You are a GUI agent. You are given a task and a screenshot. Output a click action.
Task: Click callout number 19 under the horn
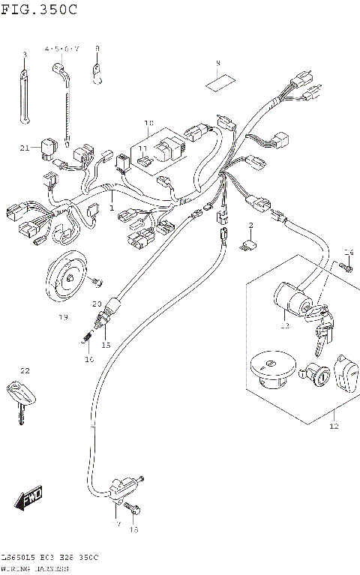pos(63,317)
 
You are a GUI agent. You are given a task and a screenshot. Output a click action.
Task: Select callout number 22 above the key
pos(25,371)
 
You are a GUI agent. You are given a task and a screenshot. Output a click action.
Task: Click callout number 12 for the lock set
pos(333,426)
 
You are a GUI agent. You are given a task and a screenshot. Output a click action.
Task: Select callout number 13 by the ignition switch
pos(284,325)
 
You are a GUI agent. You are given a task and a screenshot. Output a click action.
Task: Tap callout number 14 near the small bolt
pos(348,251)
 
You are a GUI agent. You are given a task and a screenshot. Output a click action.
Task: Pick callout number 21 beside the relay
pos(25,148)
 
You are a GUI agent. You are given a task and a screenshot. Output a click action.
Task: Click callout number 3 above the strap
pos(24,55)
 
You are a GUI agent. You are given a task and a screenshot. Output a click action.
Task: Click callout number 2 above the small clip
pos(250,225)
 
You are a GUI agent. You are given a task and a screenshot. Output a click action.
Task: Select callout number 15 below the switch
pos(106,345)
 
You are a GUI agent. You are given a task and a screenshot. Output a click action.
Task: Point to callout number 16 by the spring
pos(89,360)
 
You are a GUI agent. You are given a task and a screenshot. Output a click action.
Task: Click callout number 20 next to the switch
pos(96,304)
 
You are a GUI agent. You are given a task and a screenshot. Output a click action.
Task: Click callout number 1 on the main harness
pos(112,208)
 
